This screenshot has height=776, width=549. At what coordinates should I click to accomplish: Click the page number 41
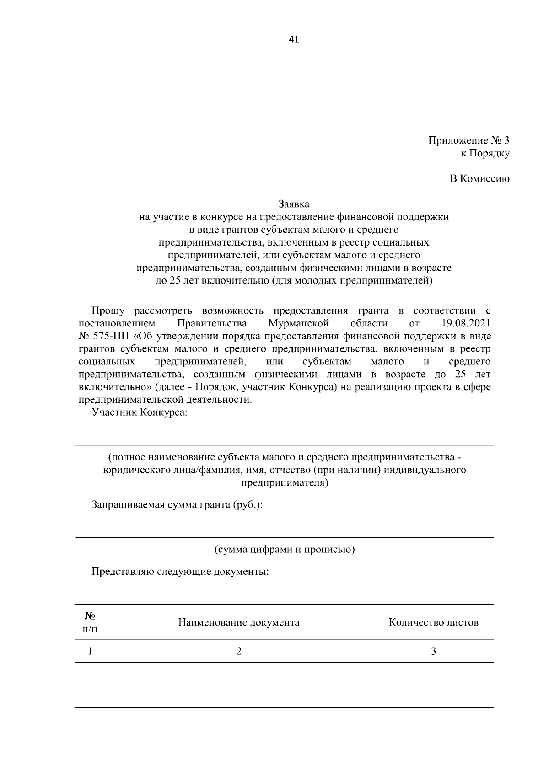click(x=294, y=39)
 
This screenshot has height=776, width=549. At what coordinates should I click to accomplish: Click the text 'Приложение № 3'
click(x=468, y=140)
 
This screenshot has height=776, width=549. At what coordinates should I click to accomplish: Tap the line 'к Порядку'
click(x=485, y=154)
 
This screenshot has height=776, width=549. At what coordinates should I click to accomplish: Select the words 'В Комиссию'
click(x=479, y=179)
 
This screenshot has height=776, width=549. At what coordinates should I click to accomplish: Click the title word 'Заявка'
click(x=294, y=204)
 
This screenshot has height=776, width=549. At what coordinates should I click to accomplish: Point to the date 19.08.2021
click(x=466, y=324)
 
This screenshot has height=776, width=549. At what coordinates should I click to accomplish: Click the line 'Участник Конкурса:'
click(x=140, y=412)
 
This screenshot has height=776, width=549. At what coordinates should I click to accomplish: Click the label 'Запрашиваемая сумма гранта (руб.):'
click(x=177, y=505)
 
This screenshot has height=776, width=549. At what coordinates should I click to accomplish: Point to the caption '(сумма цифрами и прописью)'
click(x=285, y=550)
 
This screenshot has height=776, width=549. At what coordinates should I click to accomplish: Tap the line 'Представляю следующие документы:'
click(x=180, y=572)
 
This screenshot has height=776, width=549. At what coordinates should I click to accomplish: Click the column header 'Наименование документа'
click(x=239, y=622)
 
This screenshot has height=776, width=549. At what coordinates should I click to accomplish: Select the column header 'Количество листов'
click(x=433, y=622)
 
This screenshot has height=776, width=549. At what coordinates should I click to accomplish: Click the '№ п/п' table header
click(x=90, y=622)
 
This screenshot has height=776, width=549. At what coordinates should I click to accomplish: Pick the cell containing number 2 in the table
click(x=238, y=651)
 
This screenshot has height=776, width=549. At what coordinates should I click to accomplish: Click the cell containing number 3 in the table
click(x=433, y=651)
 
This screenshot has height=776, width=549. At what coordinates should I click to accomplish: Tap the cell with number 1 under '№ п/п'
click(x=90, y=651)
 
